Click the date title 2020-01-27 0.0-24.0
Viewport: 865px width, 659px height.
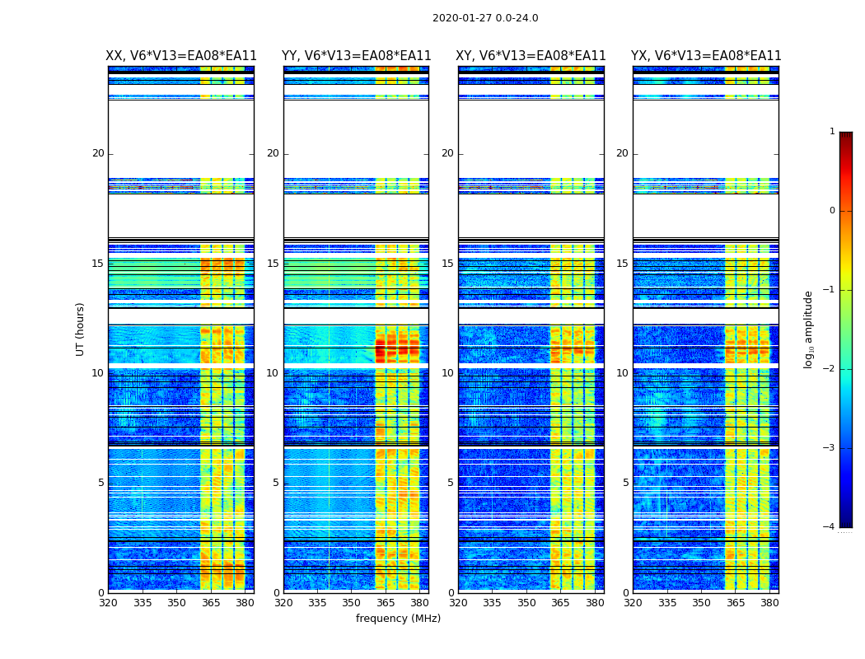pyautogui.click(x=485, y=18)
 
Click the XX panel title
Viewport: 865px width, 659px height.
pyautogui.click(x=181, y=56)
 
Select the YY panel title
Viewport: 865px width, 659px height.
pyautogui.click(x=356, y=56)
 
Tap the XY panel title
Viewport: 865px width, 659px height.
pyautogui.click(x=531, y=56)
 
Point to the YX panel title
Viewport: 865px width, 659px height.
pyautogui.click(x=706, y=56)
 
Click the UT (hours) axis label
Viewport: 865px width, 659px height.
pyautogui.click(x=81, y=329)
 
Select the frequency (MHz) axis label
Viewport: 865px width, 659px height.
pyautogui.click(x=398, y=619)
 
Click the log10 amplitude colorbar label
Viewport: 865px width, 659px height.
pyautogui.click(x=809, y=329)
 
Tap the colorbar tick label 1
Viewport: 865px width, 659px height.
pyautogui.click(x=832, y=132)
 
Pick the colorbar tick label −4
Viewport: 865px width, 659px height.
pyautogui.click(x=830, y=527)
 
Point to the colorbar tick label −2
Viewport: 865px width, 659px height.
pyautogui.click(x=830, y=369)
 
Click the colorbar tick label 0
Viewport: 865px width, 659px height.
pyautogui.click(x=832, y=211)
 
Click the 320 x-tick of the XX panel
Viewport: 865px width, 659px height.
pyautogui.click(x=109, y=603)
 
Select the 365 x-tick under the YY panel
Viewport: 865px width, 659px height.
pyautogui.click(x=386, y=603)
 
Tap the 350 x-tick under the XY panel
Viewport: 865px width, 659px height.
pyautogui.click(x=526, y=603)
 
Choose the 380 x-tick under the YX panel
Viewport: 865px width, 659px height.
pyautogui.click(x=769, y=603)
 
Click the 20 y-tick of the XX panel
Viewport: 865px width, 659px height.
pyautogui.click(x=98, y=153)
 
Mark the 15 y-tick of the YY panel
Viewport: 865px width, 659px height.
pyautogui.click(x=273, y=264)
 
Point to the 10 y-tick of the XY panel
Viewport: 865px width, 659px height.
pyautogui.click(x=447, y=373)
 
